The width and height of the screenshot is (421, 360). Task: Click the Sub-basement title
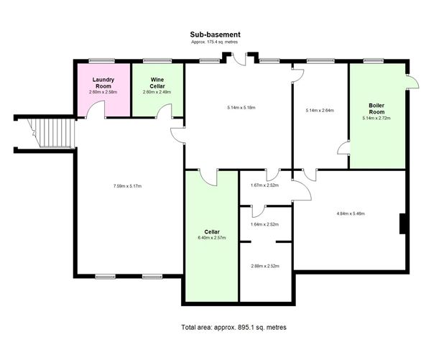point(215,34)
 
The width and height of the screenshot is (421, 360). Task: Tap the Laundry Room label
point(103,83)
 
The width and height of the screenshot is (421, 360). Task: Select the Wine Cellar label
point(157,83)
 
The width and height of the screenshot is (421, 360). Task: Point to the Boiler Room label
point(376,109)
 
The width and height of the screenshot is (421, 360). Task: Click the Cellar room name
point(212,231)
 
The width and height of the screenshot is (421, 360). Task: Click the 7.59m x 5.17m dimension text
point(128,186)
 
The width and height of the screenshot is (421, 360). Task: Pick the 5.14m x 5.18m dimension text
point(241,108)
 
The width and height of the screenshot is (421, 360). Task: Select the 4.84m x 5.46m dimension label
point(351,213)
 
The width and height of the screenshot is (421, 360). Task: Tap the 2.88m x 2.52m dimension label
point(265,266)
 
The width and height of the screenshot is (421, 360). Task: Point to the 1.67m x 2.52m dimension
point(264,185)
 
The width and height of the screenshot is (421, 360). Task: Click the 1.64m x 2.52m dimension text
point(264,224)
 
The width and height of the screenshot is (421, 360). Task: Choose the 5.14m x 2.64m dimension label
point(320,111)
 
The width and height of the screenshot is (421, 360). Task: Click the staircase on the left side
point(51,133)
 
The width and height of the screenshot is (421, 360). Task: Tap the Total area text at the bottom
point(233,327)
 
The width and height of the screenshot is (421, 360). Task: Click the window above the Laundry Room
point(102,61)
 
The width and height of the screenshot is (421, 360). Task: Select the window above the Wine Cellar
point(157,61)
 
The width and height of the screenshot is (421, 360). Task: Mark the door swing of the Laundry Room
point(96,106)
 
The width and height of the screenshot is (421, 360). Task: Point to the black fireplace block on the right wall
point(402,223)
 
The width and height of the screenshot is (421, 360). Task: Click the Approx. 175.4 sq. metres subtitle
point(214,42)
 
